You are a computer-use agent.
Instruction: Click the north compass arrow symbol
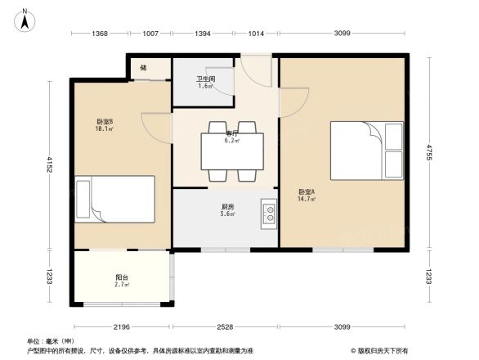click(25, 18)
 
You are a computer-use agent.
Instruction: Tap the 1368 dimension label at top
click(100, 33)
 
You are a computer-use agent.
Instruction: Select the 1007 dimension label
click(150, 33)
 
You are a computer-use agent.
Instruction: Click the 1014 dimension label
click(256, 33)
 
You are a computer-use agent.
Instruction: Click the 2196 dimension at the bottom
click(122, 327)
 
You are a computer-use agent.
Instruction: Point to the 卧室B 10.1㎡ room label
click(105, 125)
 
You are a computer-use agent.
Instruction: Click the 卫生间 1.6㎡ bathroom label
click(204, 83)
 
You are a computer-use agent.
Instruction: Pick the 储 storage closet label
click(143, 68)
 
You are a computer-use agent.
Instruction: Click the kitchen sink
click(267, 214)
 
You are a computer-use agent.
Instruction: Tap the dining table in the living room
click(232, 151)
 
